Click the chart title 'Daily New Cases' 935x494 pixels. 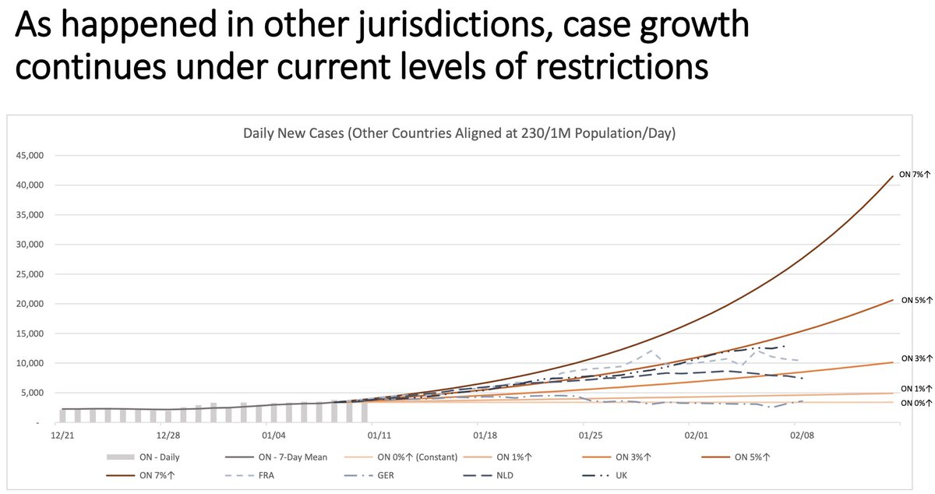pos(459,133)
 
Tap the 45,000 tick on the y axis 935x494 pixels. pos(27,155)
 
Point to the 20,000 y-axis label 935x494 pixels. pos(27,304)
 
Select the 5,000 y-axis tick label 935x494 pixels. pos(30,393)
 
